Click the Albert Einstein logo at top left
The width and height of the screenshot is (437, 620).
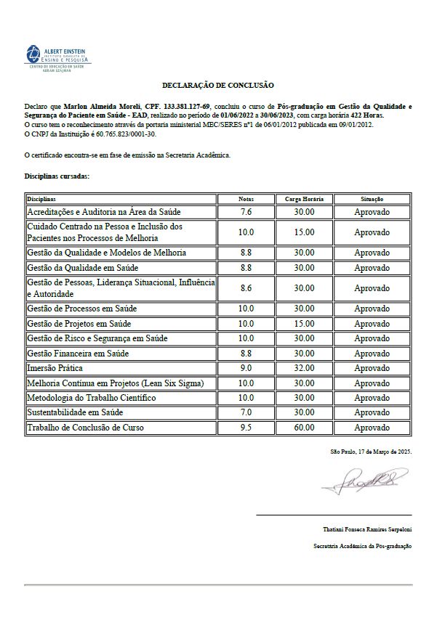[x=55, y=56]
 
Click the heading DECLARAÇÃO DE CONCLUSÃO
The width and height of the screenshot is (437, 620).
[x=219, y=86]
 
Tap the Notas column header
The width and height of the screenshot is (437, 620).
[x=246, y=198]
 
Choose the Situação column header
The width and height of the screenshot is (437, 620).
[x=372, y=198]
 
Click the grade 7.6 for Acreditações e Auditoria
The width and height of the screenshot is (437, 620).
[x=246, y=212]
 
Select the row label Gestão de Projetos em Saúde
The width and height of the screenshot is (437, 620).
[x=79, y=323]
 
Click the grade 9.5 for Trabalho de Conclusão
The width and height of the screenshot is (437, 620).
[x=246, y=428]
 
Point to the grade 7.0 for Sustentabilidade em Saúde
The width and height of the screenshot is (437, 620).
[x=246, y=412]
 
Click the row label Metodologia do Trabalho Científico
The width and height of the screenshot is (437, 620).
[x=91, y=398]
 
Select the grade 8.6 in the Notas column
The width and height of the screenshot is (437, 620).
[x=246, y=288]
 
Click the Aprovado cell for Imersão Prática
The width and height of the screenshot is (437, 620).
[x=372, y=368]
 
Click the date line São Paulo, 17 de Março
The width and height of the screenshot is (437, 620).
[x=371, y=452]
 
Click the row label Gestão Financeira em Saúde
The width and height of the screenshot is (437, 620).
[x=77, y=353]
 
